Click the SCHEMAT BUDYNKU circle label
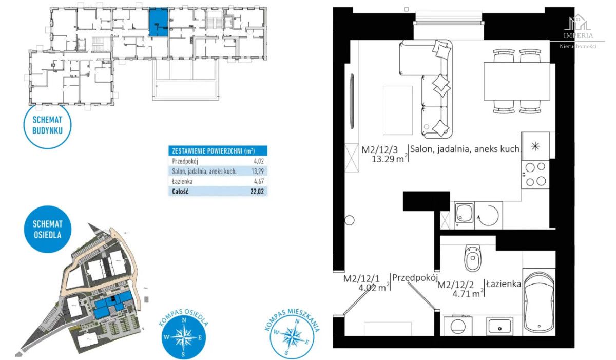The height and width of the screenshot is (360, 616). click(47, 126)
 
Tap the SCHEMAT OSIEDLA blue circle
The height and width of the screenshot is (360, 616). click(48, 229)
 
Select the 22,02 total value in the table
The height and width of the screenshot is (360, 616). click(257, 192)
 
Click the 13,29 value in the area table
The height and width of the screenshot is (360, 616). click(258, 172)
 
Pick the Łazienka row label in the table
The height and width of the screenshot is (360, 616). click(182, 181)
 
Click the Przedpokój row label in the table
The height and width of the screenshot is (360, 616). click(185, 161)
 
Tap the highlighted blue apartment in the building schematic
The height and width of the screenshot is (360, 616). click(159, 22)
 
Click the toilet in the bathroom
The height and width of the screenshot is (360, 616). click(473, 258)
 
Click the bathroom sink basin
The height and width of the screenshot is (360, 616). click(499, 327)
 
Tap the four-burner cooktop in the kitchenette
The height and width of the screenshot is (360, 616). click(535, 175)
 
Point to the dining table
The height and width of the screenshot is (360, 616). click(517, 82)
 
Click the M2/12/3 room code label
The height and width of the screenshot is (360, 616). click(379, 150)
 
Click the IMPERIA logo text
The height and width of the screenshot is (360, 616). click(578, 36)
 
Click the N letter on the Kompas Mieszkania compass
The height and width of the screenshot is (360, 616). click(297, 321)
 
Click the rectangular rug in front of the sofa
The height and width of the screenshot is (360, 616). click(398, 110)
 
